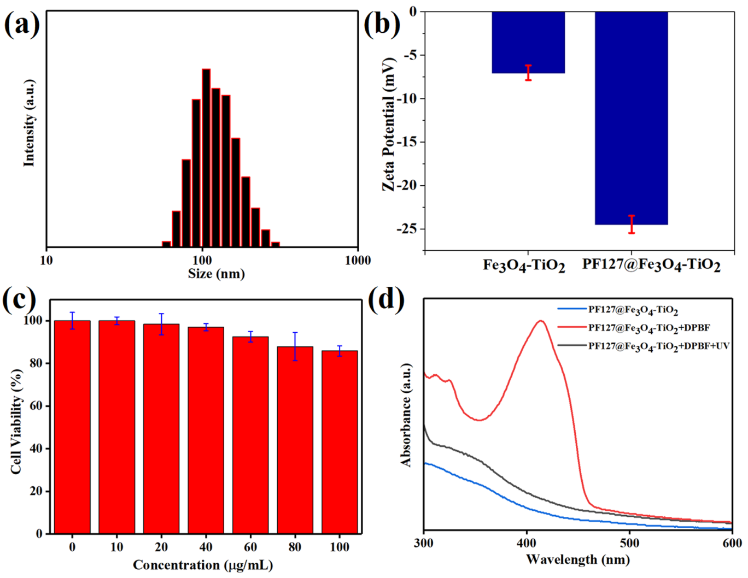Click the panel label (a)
[x=21, y=25]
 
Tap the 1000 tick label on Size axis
[x=358, y=261]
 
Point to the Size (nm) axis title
[x=216, y=274]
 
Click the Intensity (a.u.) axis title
[x=29, y=123]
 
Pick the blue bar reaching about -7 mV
[x=528, y=42]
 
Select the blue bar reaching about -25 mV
[x=631, y=117]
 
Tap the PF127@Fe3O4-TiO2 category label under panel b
[x=651, y=265]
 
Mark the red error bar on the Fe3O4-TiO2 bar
[x=528, y=73]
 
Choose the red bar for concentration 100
[x=340, y=442]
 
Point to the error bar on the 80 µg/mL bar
[x=295, y=346]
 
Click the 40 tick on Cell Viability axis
[x=36, y=449]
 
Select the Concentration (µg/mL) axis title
[x=203, y=565]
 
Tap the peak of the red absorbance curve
[x=541, y=321]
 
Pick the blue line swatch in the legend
[x=572, y=309]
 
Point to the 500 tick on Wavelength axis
[x=629, y=543]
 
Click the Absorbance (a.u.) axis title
[x=406, y=415]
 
